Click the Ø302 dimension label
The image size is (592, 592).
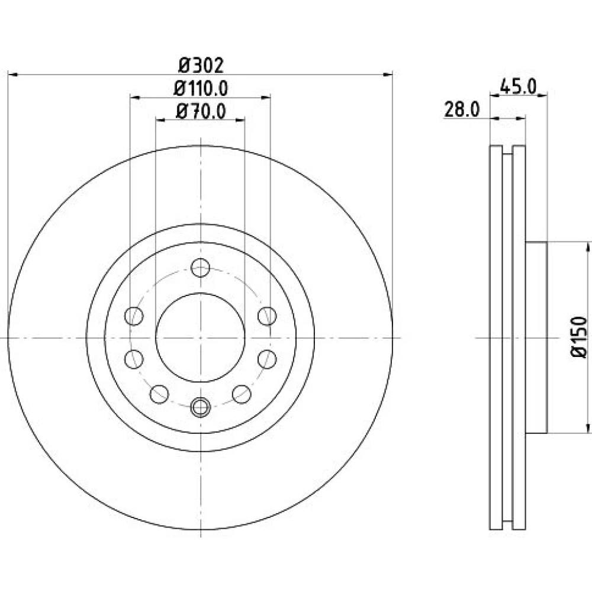(201, 65)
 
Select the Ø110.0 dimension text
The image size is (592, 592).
(201, 89)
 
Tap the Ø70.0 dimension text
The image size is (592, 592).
(201, 111)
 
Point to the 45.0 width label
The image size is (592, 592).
(518, 87)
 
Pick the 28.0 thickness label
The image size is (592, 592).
(462, 110)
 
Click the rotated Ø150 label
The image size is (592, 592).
(580, 337)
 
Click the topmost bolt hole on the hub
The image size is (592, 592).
(201, 268)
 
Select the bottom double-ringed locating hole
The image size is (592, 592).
(201, 407)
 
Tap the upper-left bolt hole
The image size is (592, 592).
(134, 316)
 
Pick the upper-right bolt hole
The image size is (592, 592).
(268, 316)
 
